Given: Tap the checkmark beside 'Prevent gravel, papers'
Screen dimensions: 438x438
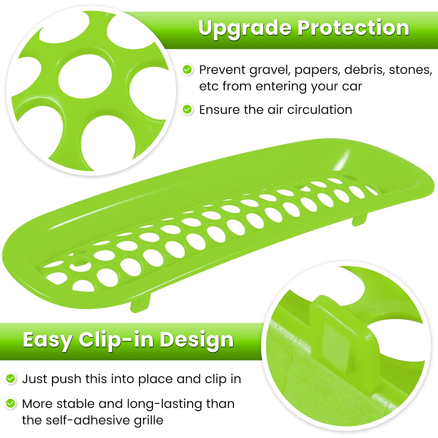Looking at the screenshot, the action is pos(187,69).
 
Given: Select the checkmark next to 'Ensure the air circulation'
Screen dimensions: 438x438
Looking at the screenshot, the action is pos(187,109).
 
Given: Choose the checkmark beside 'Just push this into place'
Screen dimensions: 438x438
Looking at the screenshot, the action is pos(11,379).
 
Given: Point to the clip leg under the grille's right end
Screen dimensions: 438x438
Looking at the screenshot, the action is pos(359,219).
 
